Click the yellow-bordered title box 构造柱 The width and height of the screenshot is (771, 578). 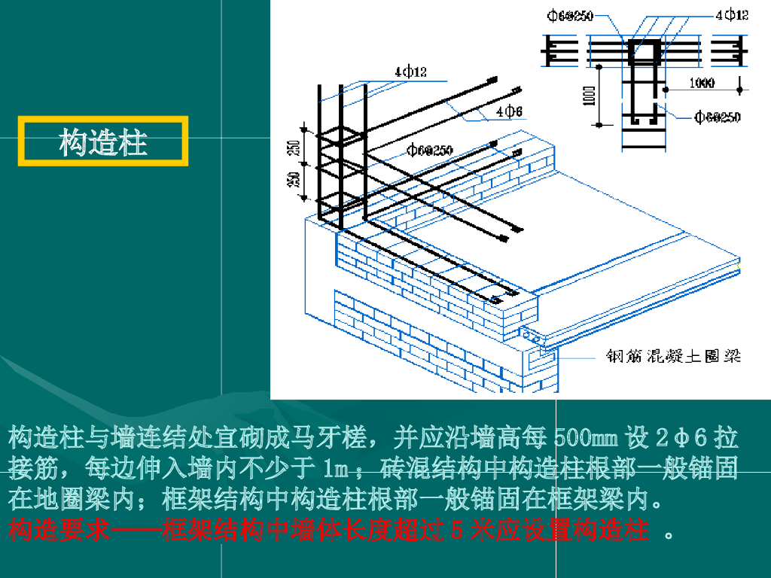[103, 141]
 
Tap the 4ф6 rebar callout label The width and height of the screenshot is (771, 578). [509, 111]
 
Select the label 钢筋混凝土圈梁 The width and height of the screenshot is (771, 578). [673, 356]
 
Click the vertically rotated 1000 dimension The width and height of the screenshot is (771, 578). [590, 95]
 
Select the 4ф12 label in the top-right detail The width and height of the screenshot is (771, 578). [732, 14]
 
